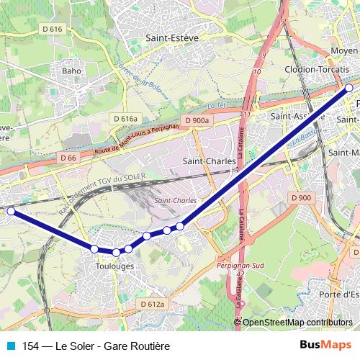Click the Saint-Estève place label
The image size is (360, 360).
tap(172, 37)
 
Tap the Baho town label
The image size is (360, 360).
tap(71, 71)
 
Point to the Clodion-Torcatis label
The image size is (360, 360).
tap(322, 68)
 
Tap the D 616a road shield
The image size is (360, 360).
tap(124, 118)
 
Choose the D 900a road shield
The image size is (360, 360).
tap(196, 120)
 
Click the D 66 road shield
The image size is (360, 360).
tap(68, 158)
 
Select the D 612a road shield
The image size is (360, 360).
tap(152, 305)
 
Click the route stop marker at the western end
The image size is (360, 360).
tap(10, 211)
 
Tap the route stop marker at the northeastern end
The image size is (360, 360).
tap(349, 88)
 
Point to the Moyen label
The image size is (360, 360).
tap(344, 51)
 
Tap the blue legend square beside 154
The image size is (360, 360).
tap(10, 346)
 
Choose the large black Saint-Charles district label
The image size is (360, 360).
tap(209, 161)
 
